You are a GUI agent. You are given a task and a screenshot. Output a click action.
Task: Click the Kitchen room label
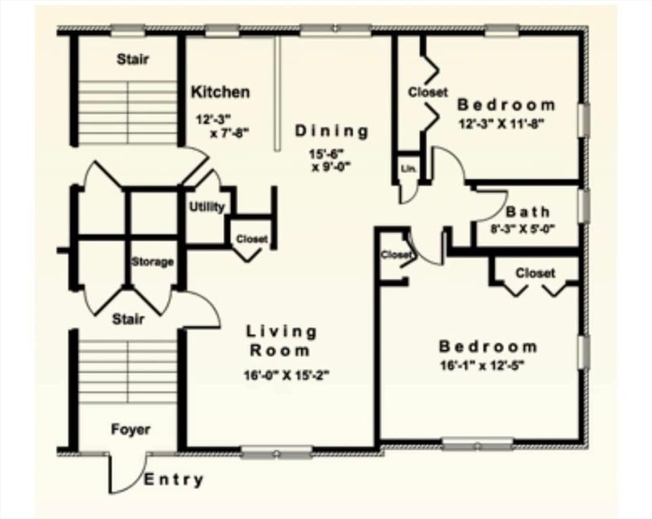pyautogui.click(x=220, y=92)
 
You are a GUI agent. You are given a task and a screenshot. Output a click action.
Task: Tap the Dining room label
pyautogui.click(x=332, y=131)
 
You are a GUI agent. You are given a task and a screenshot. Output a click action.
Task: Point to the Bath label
pyautogui.click(x=528, y=212)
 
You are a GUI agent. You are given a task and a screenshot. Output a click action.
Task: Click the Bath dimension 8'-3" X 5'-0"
pyautogui.click(x=522, y=228)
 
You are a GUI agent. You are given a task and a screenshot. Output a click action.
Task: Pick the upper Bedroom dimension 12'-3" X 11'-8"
pyautogui.click(x=500, y=123)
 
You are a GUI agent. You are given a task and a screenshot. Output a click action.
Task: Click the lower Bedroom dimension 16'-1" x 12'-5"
pyautogui.click(x=482, y=365)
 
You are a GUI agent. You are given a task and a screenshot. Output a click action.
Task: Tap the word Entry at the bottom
pyautogui.click(x=174, y=480)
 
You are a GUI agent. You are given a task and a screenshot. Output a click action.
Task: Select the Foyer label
pyautogui.click(x=131, y=429)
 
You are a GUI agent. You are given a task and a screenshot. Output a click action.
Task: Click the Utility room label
pyautogui.click(x=206, y=207)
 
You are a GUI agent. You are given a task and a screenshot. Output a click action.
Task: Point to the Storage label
pyautogui.click(x=152, y=262)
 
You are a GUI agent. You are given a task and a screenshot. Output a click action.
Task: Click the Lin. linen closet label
pyautogui.click(x=409, y=168)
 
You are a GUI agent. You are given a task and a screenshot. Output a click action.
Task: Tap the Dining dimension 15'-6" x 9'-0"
pyautogui.click(x=332, y=160)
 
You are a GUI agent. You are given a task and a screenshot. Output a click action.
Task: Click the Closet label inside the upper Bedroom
pyautogui.click(x=427, y=92)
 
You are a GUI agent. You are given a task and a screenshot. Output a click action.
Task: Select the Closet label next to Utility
pyautogui.click(x=251, y=239)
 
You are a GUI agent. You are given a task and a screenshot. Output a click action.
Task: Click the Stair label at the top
pyautogui.click(x=133, y=59)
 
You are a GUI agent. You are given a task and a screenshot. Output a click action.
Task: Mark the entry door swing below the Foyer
pyautogui.click(x=126, y=473)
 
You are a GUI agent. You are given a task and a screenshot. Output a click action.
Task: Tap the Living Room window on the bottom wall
pyautogui.click(x=277, y=452)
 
